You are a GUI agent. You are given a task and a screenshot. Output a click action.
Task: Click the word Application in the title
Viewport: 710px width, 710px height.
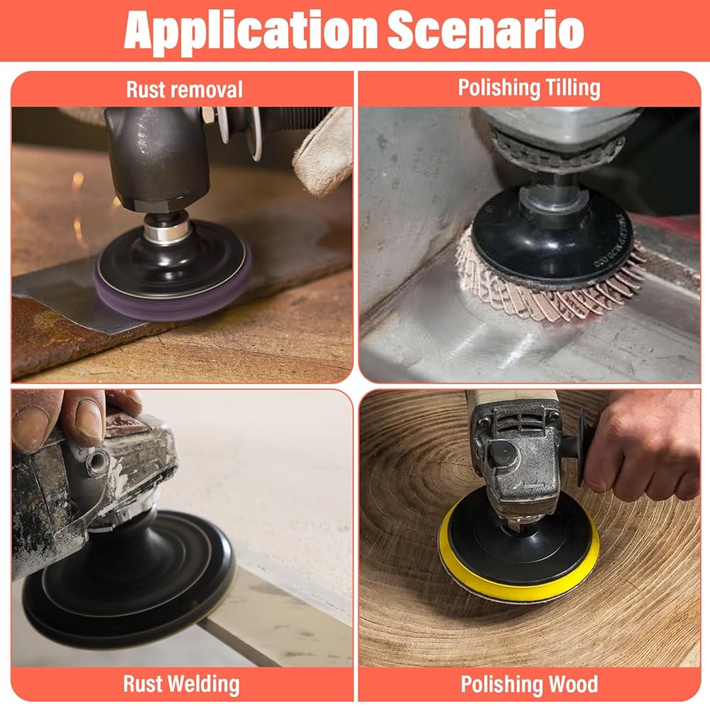pyautogui.click(x=251, y=31)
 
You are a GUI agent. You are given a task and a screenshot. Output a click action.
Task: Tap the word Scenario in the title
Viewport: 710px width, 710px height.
pyautogui.click(x=486, y=30)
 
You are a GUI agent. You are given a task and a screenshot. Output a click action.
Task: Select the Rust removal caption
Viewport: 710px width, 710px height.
pyautogui.click(x=185, y=89)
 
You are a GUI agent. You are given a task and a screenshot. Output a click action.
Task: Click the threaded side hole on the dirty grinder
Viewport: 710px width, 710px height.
pyautogui.click(x=97, y=463)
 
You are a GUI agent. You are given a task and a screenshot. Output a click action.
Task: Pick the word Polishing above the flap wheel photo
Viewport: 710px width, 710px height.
pyautogui.click(x=499, y=88)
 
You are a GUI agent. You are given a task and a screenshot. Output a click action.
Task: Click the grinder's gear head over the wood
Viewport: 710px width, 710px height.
pyautogui.click(x=516, y=457)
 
